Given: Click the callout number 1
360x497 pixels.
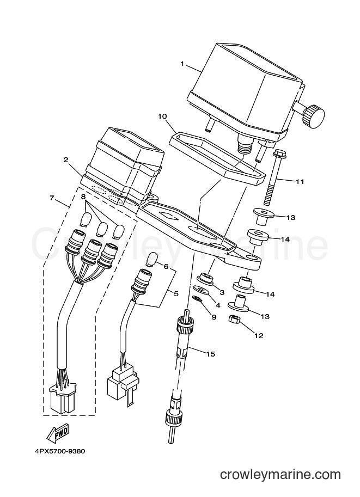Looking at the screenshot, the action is coord(182,64).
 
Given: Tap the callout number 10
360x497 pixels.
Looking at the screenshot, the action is coord(162,116).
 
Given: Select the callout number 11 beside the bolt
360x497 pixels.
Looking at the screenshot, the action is coord(300,182).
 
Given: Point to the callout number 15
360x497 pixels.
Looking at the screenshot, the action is coord(211,354).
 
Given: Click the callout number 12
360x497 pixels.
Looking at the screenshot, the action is coord(259,335).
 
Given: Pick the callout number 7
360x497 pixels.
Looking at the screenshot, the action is coord(52,198).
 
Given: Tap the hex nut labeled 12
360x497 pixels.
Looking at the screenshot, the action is coord(234,319).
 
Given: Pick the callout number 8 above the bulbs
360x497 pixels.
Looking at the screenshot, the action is coord(83,197).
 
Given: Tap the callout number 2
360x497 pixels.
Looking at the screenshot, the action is coord(66,159).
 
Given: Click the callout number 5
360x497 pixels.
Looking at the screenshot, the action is coord(176,294).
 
